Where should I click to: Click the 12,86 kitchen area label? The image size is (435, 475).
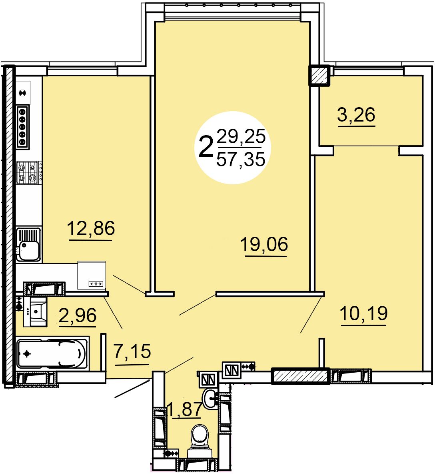click(x=91, y=228)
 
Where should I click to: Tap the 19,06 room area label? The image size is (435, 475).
click(x=264, y=244)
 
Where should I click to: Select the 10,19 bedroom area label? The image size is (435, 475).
click(x=364, y=313)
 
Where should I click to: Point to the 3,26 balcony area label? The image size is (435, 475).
click(x=356, y=115)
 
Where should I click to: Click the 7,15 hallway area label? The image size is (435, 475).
click(x=132, y=351)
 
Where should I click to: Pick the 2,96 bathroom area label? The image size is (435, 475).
click(x=78, y=315)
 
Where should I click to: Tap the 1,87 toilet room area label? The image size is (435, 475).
click(x=184, y=409)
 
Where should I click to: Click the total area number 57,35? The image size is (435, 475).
click(x=241, y=160)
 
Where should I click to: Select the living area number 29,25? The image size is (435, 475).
click(x=241, y=136)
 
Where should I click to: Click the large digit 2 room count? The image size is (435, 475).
click(x=206, y=147)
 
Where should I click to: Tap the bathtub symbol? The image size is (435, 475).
click(x=52, y=353)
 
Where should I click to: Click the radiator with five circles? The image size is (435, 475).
click(x=23, y=127)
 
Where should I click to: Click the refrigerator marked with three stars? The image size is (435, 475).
click(x=92, y=275)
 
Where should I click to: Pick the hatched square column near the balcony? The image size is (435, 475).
click(x=319, y=76)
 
